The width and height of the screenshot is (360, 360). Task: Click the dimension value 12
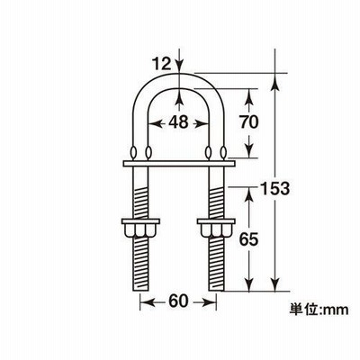tap(161, 64)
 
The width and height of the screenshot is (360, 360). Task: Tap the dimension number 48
tap(178, 122)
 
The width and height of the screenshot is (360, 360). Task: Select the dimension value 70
tap(248, 122)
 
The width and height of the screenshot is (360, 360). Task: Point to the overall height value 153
tap(274, 189)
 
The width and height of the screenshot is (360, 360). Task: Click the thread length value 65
tap(248, 239)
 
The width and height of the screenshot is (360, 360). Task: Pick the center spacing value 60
tap(177, 301)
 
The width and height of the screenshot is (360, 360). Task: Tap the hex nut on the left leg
tap(140, 228)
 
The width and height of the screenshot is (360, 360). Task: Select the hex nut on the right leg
tap(216, 228)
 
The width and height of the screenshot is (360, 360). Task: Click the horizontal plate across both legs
tap(178, 164)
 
